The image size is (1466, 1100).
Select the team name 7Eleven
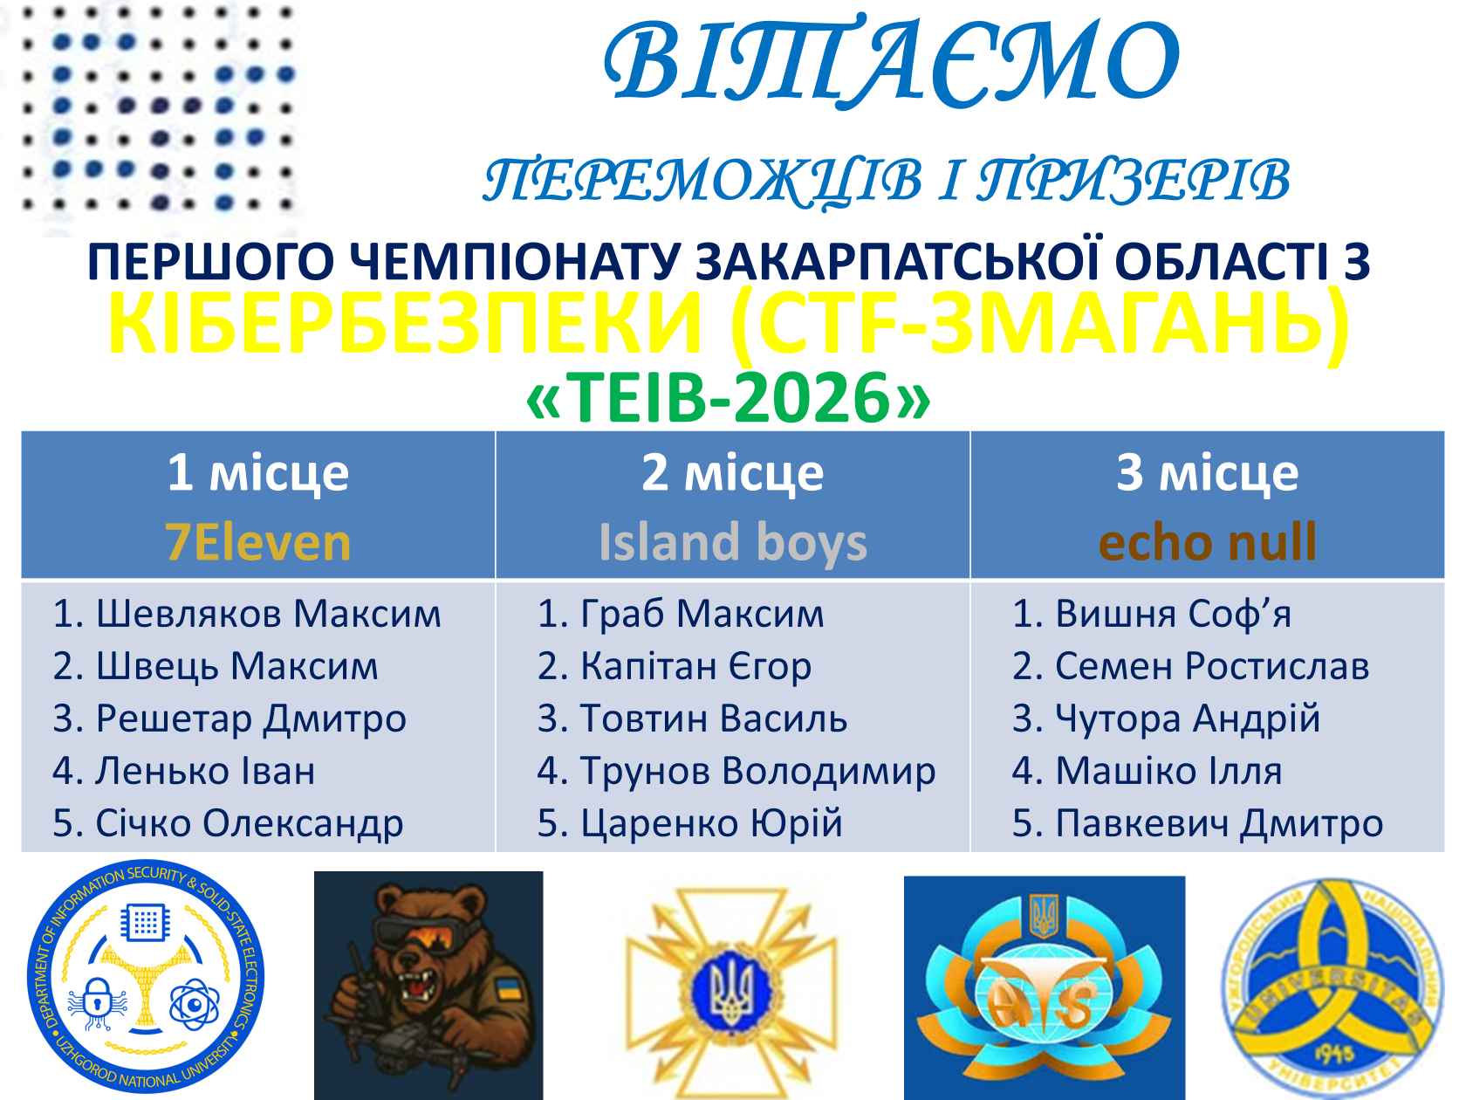(x=258, y=542)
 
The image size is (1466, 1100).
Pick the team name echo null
(x=1208, y=542)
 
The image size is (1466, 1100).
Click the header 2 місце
(x=733, y=473)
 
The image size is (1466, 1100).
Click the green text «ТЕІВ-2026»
(x=728, y=398)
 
